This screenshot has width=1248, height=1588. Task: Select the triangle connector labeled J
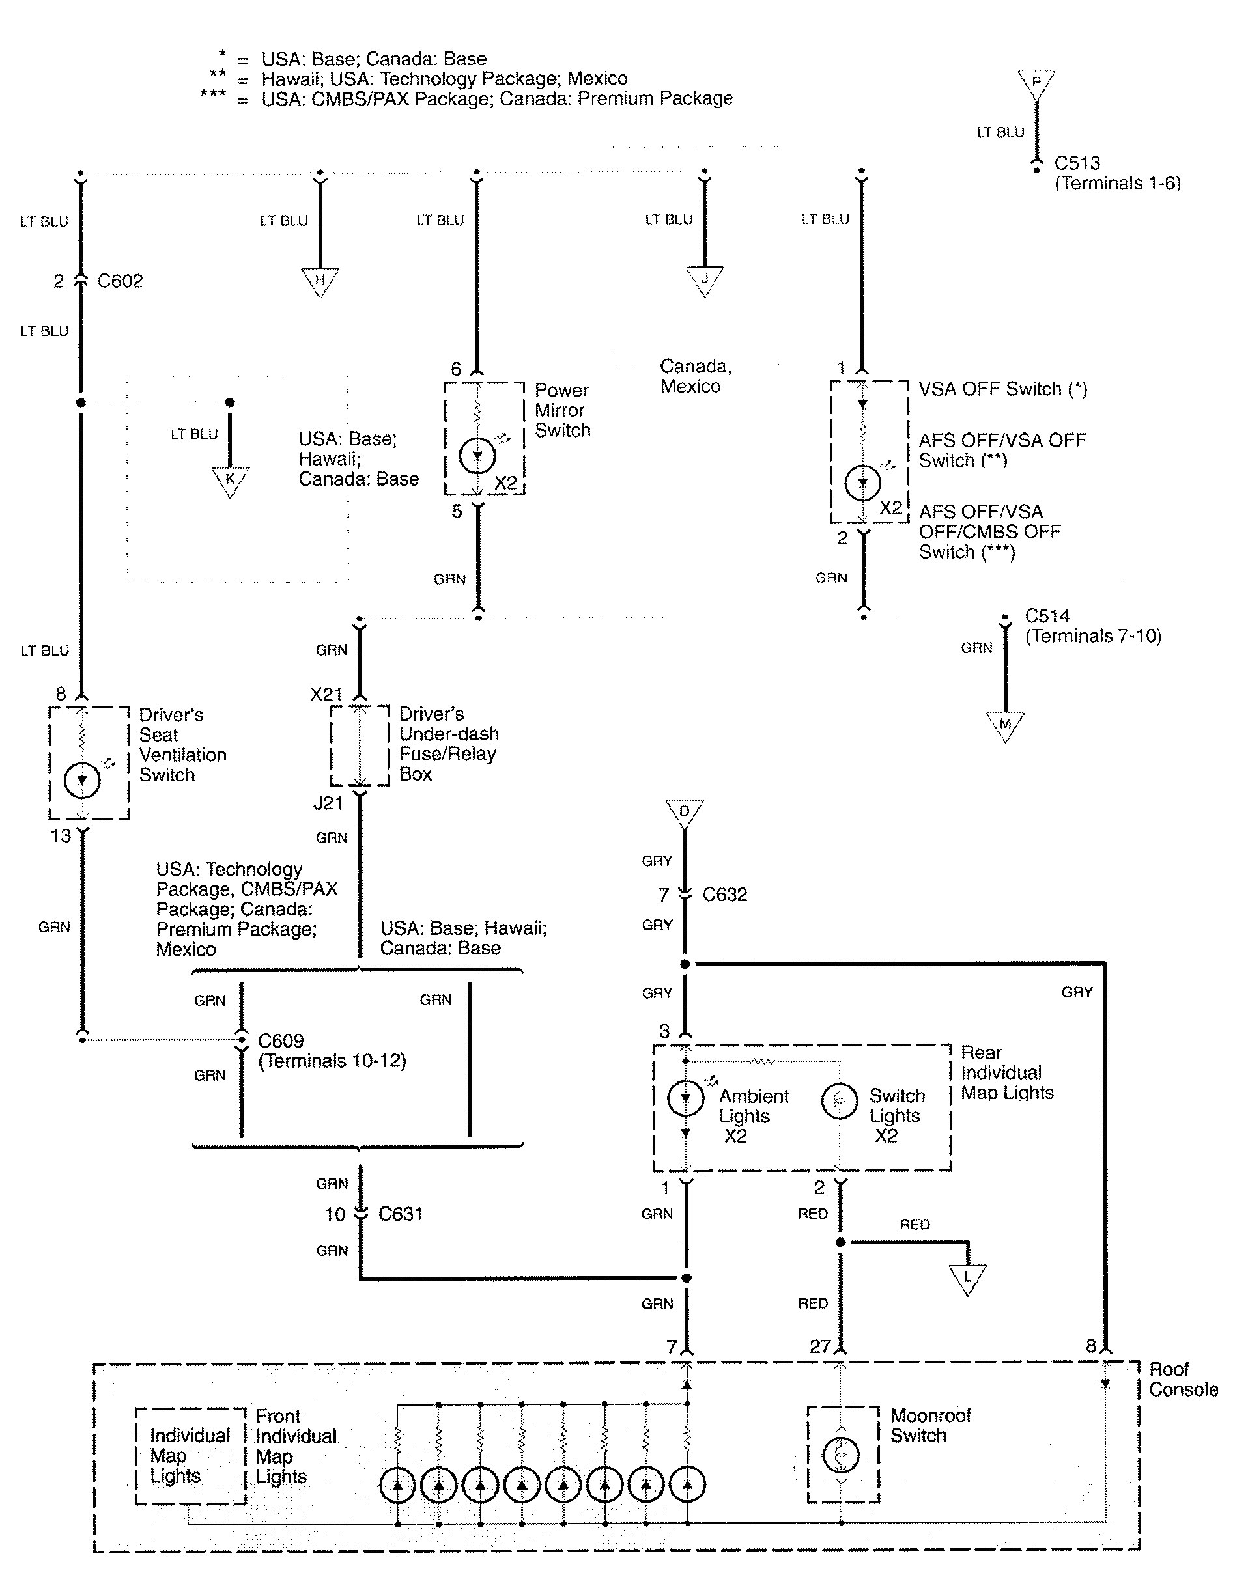coord(704,280)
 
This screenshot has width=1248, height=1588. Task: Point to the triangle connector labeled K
coord(230,480)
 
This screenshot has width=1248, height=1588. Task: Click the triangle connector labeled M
coord(1006,725)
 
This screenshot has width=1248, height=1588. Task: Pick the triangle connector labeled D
coord(685,813)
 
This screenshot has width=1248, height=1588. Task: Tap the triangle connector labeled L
coord(967,1277)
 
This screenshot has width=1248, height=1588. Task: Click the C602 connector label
coord(120,281)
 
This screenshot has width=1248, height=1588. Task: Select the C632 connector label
coord(724,895)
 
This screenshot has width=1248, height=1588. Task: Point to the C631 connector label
coord(400,1214)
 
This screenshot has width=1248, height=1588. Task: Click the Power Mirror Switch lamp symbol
coord(477,456)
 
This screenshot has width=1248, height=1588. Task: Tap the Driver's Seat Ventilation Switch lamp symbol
coord(82,780)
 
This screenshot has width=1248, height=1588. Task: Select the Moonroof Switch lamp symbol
coord(841,1455)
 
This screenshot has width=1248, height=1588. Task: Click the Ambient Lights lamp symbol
coord(685,1097)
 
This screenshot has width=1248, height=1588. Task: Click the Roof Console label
coord(1182,1379)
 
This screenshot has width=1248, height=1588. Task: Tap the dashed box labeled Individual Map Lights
coord(190,1456)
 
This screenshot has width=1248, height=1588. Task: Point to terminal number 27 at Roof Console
coord(820,1346)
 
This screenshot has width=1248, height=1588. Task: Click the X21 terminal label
coord(326,694)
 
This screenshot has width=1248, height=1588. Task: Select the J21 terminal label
coord(328,803)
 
